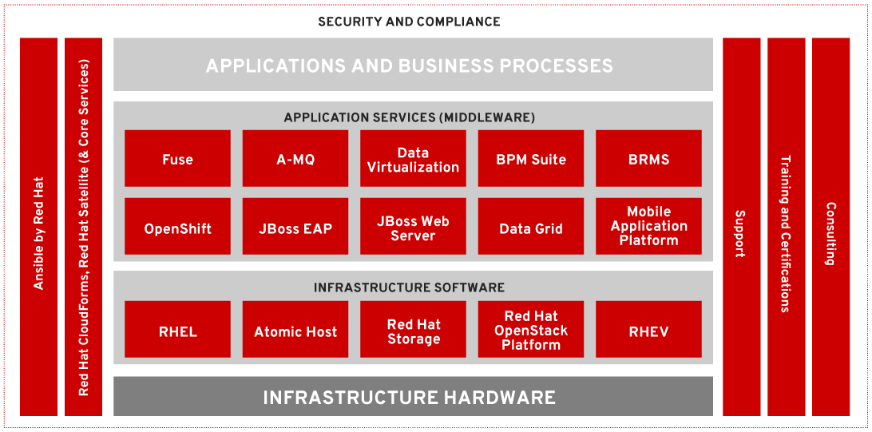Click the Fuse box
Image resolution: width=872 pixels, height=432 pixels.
pos(177,159)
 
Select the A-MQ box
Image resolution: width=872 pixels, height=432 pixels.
pos(295,159)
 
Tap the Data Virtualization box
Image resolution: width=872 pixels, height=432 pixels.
pos(413,159)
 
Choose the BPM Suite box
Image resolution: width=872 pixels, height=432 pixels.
pos(531,159)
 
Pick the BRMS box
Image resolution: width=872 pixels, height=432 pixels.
pos(648,159)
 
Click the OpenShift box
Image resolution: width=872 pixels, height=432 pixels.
pos(177,227)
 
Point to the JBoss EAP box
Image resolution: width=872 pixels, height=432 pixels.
pos(295,227)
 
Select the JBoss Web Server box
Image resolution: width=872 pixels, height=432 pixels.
pos(413,227)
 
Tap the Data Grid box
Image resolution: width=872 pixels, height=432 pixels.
pos(531,227)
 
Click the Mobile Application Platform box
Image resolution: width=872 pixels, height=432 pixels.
pos(648,227)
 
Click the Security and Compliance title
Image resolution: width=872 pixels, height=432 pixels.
pos(409,22)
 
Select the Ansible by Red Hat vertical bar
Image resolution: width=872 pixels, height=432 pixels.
pos(38,227)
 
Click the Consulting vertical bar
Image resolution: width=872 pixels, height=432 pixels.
pos(830,227)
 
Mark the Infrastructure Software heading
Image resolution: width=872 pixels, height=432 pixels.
pos(409,287)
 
